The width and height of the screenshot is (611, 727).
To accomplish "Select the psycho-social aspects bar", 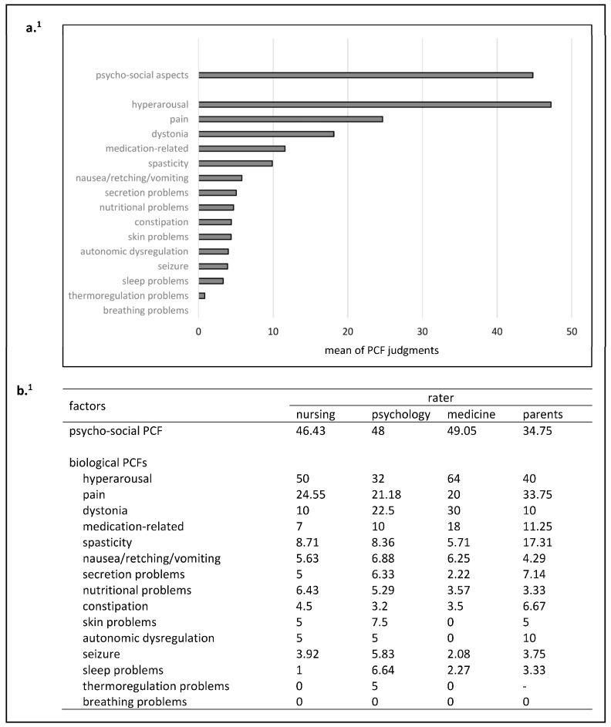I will [x=366, y=75].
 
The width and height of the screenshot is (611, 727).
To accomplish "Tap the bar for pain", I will [x=290, y=119].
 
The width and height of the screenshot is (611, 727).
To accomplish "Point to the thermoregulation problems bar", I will [x=202, y=295].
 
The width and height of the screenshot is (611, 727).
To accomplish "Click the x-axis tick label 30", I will [x=422, y=331].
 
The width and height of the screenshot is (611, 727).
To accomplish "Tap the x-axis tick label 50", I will [x=572, y=331].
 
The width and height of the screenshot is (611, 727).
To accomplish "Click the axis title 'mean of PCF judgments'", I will [x=385, y=351].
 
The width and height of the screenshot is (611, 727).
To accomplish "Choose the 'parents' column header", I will [x=542, y=415].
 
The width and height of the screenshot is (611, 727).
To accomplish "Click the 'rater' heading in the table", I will [x=441, y=399].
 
